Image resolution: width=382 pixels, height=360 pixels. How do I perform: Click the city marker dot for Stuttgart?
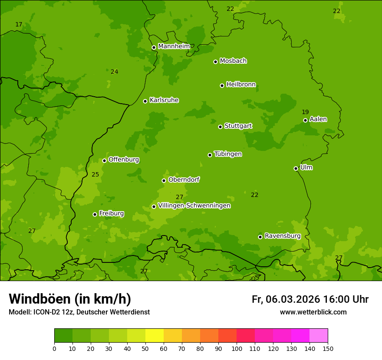tap(220, 127)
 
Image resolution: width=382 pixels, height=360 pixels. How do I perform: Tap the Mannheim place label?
tap(174, 46)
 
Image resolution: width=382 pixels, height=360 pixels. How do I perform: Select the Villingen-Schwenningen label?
tap(194, 206)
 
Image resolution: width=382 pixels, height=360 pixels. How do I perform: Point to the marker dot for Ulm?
tap(296, 168)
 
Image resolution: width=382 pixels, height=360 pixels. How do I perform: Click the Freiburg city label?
tap(111, 213)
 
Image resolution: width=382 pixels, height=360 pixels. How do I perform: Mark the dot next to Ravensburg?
tap(260, 237)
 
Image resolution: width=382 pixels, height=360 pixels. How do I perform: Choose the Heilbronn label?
tap(241, 85)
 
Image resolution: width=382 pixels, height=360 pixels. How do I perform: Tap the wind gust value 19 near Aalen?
tap(305, 112)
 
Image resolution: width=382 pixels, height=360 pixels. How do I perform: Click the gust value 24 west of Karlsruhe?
tap(114, 72)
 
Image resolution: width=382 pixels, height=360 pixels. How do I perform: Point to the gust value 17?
tap(19, 25)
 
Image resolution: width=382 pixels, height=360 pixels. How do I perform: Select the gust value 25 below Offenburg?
tap(95, 175)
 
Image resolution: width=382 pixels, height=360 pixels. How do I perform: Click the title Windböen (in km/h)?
tap(70, 299)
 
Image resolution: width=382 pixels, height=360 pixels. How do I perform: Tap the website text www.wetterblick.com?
tap(313, 312)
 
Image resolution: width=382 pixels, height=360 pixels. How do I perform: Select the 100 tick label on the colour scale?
tap(237, 348)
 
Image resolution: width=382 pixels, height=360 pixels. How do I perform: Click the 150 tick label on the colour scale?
tap(328, 348)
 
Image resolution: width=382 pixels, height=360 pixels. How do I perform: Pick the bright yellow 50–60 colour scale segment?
tap(155, 336)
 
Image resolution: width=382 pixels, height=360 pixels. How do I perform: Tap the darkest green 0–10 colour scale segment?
tap(63, 336)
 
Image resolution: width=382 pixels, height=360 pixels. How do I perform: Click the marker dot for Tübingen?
tap(210, 155)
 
